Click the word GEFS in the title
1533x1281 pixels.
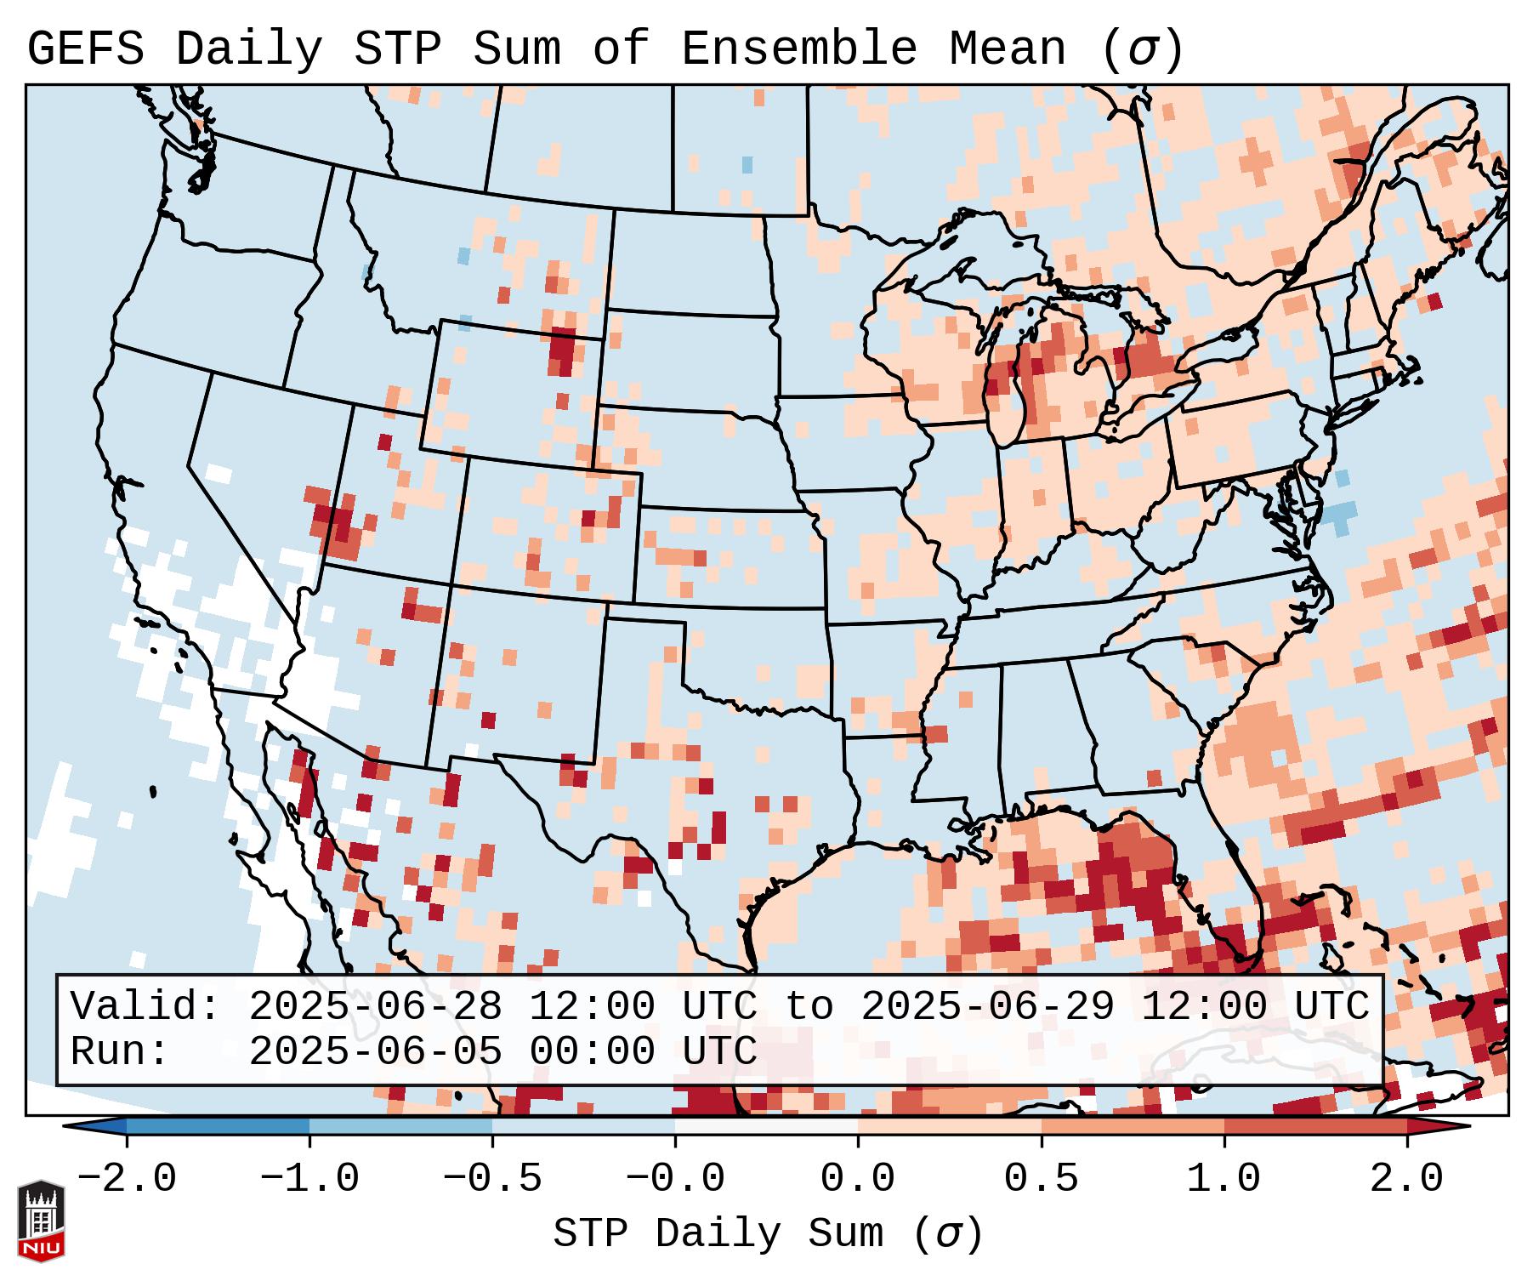(x=85, y=49)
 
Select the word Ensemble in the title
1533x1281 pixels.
(x=799, y=49)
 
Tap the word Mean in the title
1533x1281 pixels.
(x=1007, y=49)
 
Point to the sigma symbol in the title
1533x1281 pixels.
(x=1142, y=49)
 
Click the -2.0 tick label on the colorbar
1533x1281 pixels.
(x=127, y=1179)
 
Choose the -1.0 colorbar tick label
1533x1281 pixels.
(x=309, y=1179)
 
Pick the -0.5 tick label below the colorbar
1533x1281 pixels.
(x=492, y=1179)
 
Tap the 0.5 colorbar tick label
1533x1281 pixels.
(x=1041, y=1179)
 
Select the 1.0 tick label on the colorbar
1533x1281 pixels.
(x=1224, y=1179)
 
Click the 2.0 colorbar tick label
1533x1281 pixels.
(x=1406, y=1179)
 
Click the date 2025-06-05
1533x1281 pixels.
(x=376, y=1052)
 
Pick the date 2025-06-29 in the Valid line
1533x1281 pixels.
(x=988, y=1007)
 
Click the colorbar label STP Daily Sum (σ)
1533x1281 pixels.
(x=768, y=1234)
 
